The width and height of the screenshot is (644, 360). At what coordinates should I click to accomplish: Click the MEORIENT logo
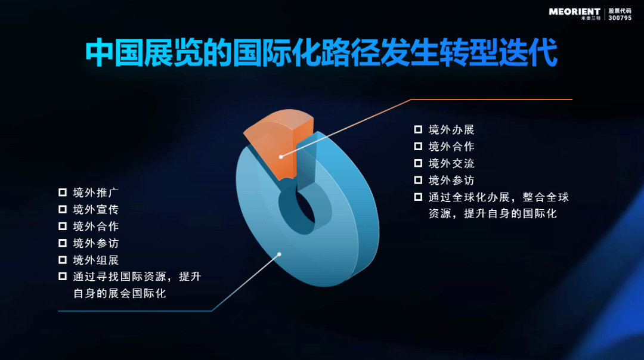point(575,14)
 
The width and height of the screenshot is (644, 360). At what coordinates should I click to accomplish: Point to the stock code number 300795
point(620,18)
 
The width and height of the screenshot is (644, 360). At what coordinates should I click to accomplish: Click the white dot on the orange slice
point(281,157)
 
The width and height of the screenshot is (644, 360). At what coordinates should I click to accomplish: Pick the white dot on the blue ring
point(279,255)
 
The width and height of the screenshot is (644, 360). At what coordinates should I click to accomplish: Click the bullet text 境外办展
point(451,130)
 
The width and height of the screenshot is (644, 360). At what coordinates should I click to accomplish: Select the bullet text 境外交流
point(451,163)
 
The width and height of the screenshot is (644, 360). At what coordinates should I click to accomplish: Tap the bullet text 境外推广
point(95,193)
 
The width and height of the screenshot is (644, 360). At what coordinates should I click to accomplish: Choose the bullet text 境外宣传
point(95,209)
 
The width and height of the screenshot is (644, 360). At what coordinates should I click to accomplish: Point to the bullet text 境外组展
point(95,260)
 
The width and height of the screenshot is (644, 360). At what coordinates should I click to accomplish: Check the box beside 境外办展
point(418,130)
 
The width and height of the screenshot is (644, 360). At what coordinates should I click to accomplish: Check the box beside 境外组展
point(63,260)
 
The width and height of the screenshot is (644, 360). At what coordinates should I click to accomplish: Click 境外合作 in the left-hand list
point(95,226)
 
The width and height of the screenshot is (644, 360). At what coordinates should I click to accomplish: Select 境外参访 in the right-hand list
point(451,180)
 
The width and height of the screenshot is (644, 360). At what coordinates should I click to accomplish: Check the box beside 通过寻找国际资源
point(63,277)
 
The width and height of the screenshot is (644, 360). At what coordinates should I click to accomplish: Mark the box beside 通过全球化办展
point(418,197)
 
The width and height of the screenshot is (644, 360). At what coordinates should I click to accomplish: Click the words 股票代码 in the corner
point(620,11)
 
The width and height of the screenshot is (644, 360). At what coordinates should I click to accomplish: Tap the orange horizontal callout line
point(491,100)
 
